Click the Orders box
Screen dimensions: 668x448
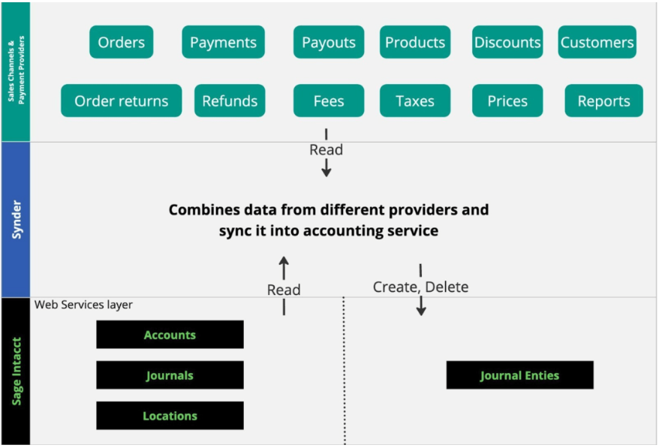[x=122, y=42]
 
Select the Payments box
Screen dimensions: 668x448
[x=223, y=42]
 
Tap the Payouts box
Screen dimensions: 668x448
[x=329, y=42]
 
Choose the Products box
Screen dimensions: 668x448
[x=415, y=42]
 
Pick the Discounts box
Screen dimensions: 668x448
[x=507, y=42]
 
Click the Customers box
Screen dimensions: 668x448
[x=597, y=42]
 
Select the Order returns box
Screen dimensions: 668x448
[x=122, y=101]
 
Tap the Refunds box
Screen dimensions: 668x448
[x=230, y=101]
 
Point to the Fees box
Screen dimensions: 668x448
[x=329, y=101]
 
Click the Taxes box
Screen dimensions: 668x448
[x=415, y=101]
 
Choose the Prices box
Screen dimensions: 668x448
[x=507, y=101]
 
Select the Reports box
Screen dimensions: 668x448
[x=604, y=101]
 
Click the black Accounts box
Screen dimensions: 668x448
[x=170, y=335]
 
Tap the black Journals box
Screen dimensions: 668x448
[x=170, y=375]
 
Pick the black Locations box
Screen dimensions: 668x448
[x=170, y=416]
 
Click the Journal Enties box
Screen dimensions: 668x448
[x=519, y=375]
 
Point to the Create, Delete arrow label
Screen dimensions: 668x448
[x=421, y=287]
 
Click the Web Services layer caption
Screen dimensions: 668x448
[x=83, y=305]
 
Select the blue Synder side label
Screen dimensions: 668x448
[x=17, y=220]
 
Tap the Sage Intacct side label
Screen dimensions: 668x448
[x=17, y=371]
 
